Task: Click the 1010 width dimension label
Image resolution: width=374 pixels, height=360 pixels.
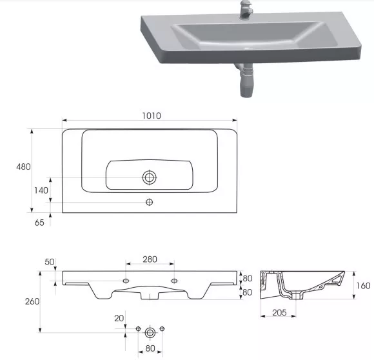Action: [152, 116]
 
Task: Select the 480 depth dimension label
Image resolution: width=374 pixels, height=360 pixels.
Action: [23, 166]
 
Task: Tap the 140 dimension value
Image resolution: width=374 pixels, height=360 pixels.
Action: [41, 190]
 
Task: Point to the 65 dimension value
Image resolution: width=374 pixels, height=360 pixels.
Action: [39, 223]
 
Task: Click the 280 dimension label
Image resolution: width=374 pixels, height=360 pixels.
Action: [150, 259]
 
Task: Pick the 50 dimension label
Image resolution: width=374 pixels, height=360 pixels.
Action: [50, 262]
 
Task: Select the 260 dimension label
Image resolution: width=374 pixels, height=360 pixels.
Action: [32, 301]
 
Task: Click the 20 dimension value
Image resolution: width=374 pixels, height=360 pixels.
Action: [119, 318]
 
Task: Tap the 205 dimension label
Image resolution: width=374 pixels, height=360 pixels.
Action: [279, 312]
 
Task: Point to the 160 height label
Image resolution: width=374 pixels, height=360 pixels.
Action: [363, 286]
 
